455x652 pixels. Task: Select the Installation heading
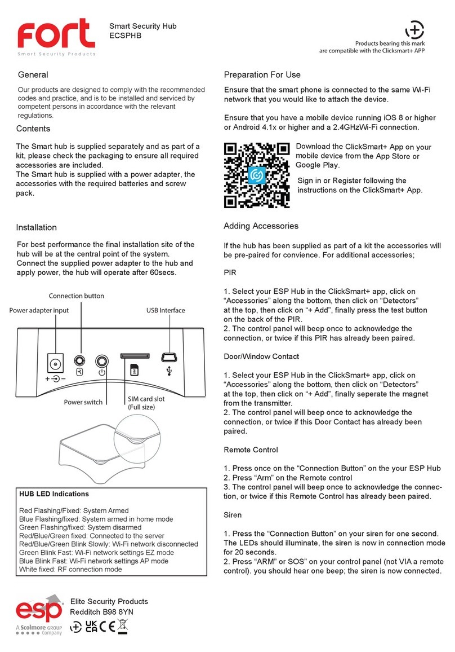tap(36, 227)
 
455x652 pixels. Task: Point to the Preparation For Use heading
tap(262, 75)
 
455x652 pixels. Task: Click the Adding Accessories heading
tap(261, 226)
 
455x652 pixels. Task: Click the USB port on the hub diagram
tap(169, 356)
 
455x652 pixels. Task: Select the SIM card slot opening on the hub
tap(134, 356)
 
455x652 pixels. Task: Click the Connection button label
tap(76, 296)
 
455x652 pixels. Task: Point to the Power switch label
tap(83, 402)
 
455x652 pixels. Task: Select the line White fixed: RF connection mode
tap(70, 569)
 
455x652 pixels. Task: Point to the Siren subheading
tap(233, 515)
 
